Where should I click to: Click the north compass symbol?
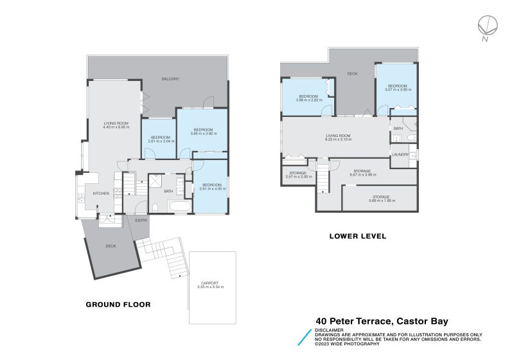(486, 26)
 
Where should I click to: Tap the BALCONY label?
(170, 79)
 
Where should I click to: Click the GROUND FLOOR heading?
(118, 305)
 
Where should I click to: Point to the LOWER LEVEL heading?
(357, 237)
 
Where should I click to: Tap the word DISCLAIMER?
(329, 330)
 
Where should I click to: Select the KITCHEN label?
(101, 193)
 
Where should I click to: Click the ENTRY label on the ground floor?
(141, 221)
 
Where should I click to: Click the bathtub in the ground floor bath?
(177, 207)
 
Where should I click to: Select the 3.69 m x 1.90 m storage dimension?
(382, 201)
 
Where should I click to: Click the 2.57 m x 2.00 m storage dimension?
(298, 176)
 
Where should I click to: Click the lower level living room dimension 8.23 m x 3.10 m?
(338, 139)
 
